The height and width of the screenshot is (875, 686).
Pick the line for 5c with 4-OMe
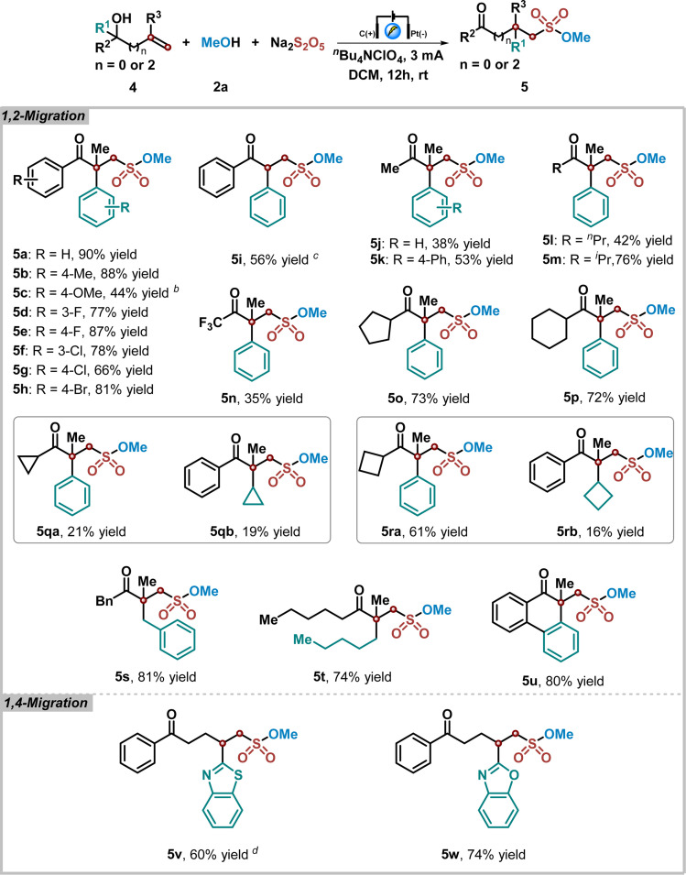click(88, 270)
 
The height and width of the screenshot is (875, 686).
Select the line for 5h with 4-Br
click(81, 362)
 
